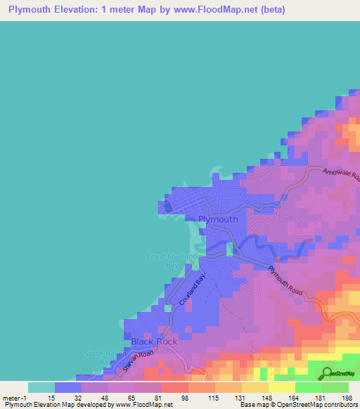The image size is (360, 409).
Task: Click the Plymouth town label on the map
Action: [218, 219]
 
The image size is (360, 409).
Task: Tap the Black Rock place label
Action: [154, 342]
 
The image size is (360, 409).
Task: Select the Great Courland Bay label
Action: [168, 261]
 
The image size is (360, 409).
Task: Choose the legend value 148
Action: [268, 398]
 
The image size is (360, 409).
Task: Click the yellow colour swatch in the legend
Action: [281, 387]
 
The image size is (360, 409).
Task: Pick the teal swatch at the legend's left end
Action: [41, 387]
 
